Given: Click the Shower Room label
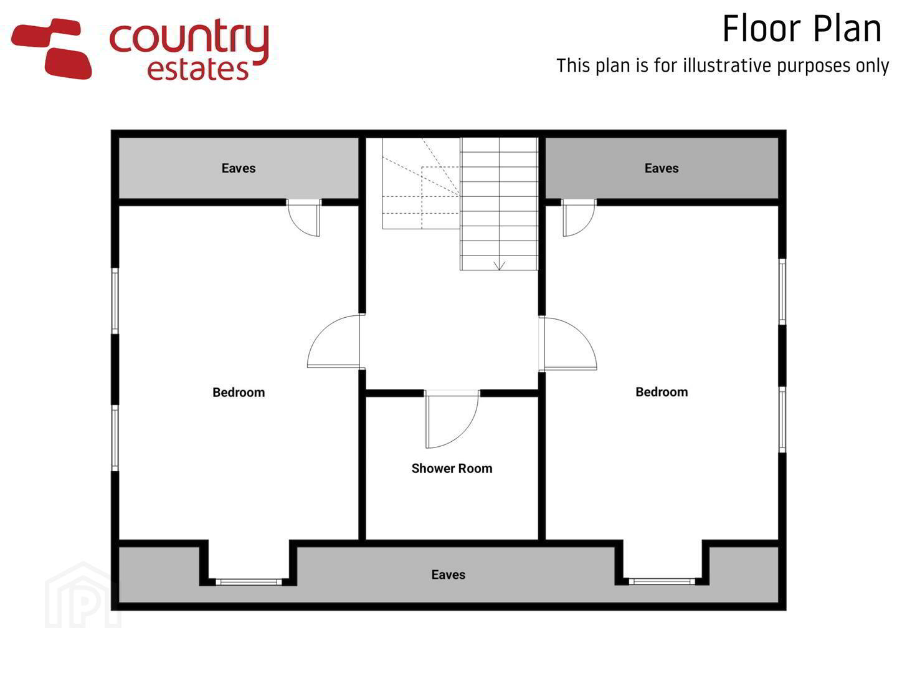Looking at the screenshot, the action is click(x=452, y=468).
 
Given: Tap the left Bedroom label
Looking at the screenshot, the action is click(x=239, y=393).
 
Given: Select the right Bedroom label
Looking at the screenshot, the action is click(x=662, y=392).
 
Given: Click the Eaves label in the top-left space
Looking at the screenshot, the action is click(x=239, y=168).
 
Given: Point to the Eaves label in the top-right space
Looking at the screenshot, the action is click(x=662, y=168).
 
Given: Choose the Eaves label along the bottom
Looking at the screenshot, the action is click(x=448, y=575).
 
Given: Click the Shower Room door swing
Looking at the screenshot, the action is click(x=452, y=419).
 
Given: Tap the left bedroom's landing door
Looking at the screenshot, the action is click(x=333, y=341).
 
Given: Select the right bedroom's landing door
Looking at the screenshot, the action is click(x=568, y=343).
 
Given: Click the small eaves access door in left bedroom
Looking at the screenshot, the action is click(x=303, y=218).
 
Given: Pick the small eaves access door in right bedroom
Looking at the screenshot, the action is click(x=579, y=218).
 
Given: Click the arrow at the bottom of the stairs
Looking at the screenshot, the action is click(x=499, y=265).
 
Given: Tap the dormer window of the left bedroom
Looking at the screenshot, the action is click(x=249, y=582).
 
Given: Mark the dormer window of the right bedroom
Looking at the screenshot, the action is click(x=662, y=581).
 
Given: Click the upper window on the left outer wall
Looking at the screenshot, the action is click(x=115, y=301).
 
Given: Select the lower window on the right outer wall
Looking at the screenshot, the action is click(x=782, y=419).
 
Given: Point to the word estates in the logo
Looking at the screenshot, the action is click(x=198, y=69).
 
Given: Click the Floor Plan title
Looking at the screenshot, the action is click(x=802, y=29).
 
